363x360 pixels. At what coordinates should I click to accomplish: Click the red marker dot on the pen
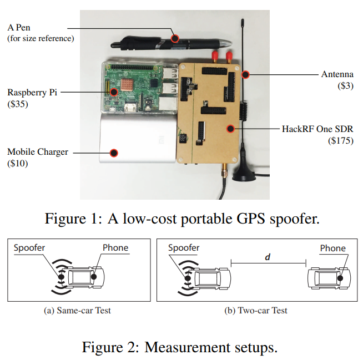click(x=175, y=38)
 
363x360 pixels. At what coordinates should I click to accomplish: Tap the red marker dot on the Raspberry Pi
click(x=113, y=93)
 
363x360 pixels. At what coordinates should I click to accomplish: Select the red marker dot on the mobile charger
click(x=114, y=153)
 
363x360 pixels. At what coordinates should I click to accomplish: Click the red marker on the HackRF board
click(x=229, y=129)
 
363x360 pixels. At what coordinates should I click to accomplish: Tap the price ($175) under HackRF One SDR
click(x=340, y=141)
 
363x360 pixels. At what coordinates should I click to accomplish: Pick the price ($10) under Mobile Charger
click(x=18, y=163)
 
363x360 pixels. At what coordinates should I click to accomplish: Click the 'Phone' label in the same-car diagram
click(x=115, y=248)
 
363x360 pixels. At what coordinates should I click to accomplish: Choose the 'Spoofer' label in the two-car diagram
click(x=184, y=248)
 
